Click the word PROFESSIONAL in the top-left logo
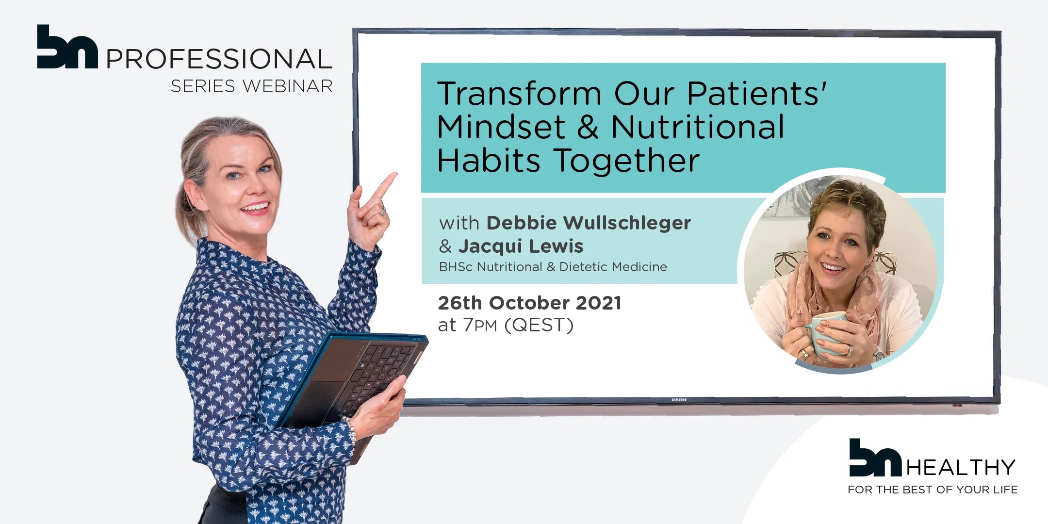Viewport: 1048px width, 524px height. pyautogui.click(x=219, y=59)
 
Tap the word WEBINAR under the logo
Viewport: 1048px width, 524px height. pyautogui.click(x=288, y=86)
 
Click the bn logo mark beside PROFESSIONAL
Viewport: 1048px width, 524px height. pyautogui.click(x=67, y=47)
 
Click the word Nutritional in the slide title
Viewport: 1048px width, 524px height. pyautogui.click(x=697, y=127)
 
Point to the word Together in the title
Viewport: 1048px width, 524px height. pyautogui.click(x=626, y=161)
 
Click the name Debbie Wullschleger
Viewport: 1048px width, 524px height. pyautogui.click(x=589, y=223)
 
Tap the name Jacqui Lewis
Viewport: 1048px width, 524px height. pyautogui.click(x=521, y=246)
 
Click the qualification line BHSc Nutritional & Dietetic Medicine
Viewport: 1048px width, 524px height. pyautogui.click(x=553, y=267)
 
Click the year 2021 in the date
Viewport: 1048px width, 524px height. pyautogui.click(x=598, y=303)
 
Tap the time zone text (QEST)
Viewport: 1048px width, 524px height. pyautogui.click(x=539, y=325)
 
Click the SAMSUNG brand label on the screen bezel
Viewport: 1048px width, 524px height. pyautogui.click(x=679, y=400)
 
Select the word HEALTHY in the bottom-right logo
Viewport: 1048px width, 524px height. pyautogui.click(x=961, y=468)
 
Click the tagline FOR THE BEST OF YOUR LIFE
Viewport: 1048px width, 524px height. pyautogui.click(x=933, y=490)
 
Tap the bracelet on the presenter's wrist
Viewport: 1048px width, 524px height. pyautogui.click(x=351, y=429)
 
